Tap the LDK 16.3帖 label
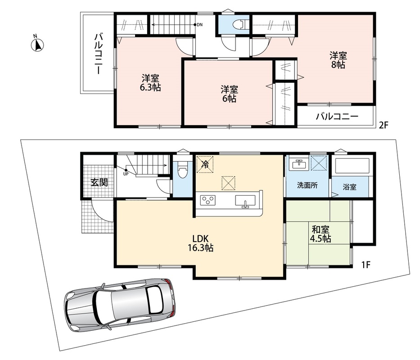click(x=200, y=243)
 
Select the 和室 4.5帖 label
click(x=321, y=234)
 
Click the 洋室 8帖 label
click(x=338, y=60)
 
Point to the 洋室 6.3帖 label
click(x=150, y=83)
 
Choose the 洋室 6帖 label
click(x=229, y=94)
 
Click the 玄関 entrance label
click(x=99, y=182)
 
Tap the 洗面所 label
click(x=307, y=185)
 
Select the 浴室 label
click(x=350, y=187)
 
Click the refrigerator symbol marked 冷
click(x=205, y=164)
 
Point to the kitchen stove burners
click(x=208, y=200)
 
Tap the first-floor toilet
click(x=183, y=171)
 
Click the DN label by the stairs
click(x=199, y=25)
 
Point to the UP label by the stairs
click(x=126, y=174)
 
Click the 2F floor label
click(x=383, y=125)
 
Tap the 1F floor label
click(x=366, y=265)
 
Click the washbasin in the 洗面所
click(x=299, y=164)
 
